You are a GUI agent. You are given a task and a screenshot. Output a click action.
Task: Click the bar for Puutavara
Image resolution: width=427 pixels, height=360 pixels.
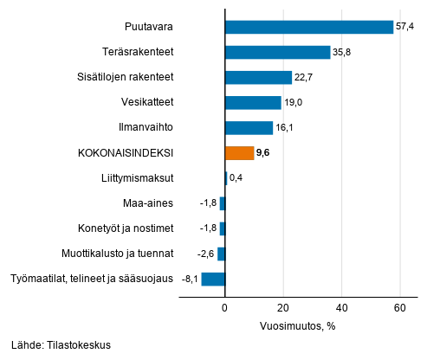[x=308, y=27]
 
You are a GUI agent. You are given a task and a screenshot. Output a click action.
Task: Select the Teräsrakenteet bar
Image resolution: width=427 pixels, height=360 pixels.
[x=277, y=52]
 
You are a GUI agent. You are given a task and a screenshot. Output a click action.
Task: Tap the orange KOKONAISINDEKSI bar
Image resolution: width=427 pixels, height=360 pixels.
[x=239, y=153]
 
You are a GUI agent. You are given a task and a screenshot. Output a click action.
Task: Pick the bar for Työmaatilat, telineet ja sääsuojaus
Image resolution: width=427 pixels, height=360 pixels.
[x=213, y=279]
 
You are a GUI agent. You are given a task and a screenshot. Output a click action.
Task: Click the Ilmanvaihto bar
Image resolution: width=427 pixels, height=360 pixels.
[x=249, y=128]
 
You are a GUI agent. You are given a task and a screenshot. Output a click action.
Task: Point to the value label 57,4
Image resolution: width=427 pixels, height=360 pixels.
[x=407, y=27]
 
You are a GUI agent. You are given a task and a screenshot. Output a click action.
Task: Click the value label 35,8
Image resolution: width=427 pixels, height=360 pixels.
[x=344, y=52]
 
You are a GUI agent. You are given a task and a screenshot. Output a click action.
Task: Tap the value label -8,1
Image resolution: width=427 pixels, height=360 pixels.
[x=188, y=279]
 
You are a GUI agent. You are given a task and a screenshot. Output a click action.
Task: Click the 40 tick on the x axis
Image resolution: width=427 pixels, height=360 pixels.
[x=341, y=307]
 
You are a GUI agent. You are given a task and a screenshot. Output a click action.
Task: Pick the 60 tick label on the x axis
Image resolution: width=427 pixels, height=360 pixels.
[x=400, y=307]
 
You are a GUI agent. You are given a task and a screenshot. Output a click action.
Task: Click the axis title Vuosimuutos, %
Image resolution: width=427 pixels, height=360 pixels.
[x=297, y=327]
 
